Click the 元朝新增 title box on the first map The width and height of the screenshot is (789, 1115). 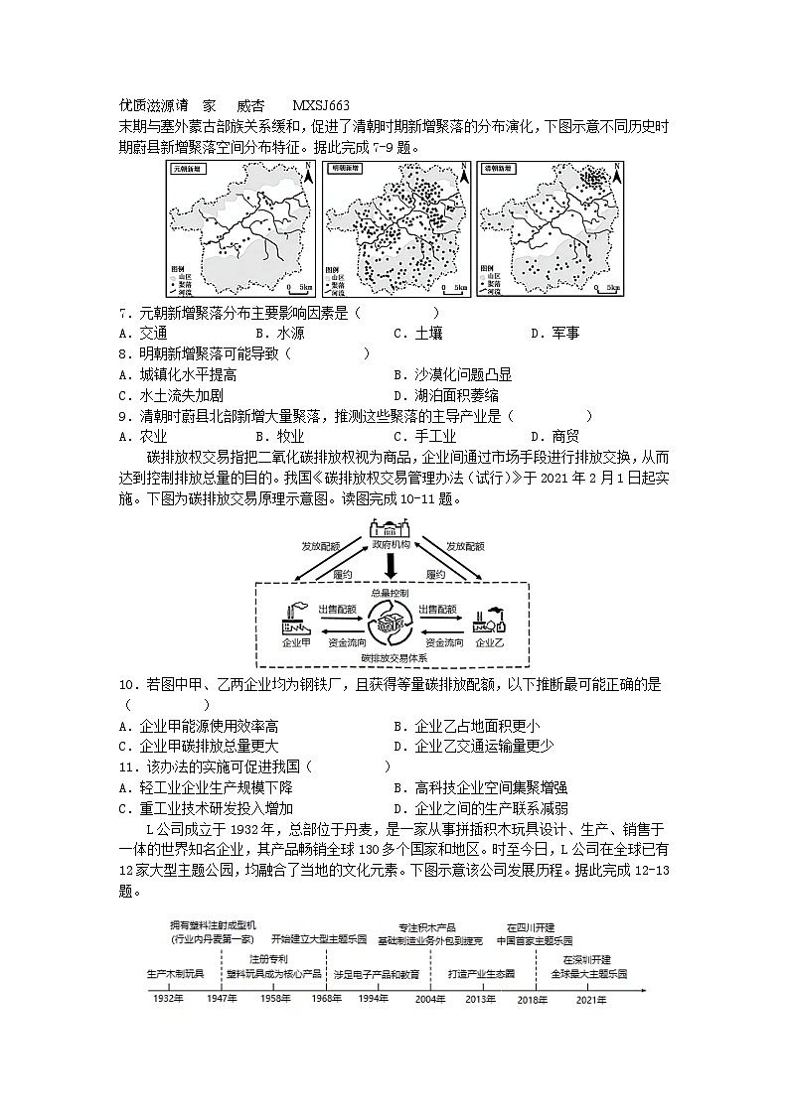[186, 170]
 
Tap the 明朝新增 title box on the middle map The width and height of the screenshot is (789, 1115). [345, 170]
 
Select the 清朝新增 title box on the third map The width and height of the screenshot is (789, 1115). [498, 170]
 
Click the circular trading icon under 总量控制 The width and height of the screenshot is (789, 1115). [391, 627]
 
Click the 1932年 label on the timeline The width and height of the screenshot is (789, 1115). [169, 998]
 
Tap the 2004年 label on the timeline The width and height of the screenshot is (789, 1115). [430, 998]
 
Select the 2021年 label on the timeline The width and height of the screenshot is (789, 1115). [590, 998]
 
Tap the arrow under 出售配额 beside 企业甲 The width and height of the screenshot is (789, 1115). [339, 622]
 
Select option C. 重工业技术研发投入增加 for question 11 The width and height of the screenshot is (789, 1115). [205, 809]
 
